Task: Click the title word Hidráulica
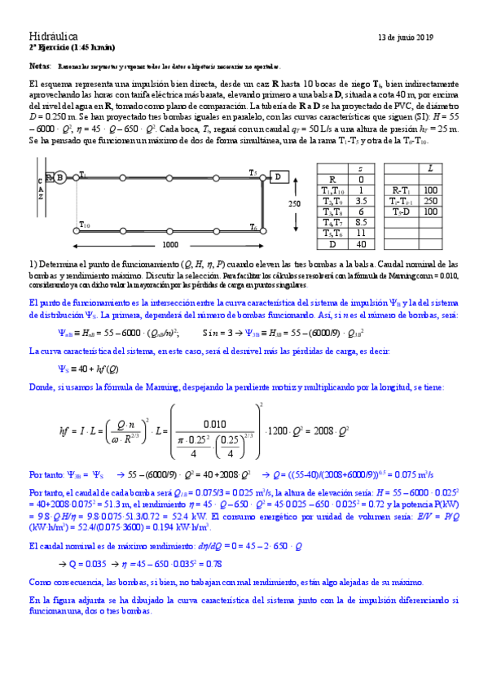(53, 37)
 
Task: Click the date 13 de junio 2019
(407, 37)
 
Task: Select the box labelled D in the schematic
(279, 177)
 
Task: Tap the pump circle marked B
(60, 177)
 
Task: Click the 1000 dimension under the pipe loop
(169, 244)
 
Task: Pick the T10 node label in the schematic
(85, 225)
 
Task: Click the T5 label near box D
(253, 172)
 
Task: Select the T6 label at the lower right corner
(254, 226)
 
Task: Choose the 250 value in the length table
(429, 200)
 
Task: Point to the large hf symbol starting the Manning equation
(66, 430)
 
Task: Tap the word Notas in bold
(39, 64)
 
